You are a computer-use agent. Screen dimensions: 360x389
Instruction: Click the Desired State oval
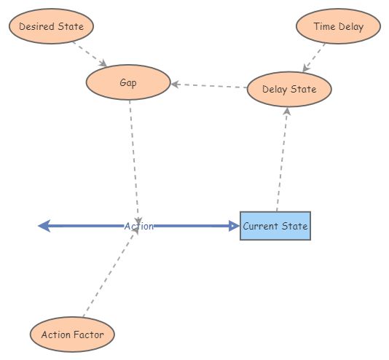pyautogui.click(x=51, y=27)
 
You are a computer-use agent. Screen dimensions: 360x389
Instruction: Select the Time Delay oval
pyautogui.click(x=339, y=27)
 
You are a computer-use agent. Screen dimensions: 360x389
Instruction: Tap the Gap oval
pyautogui.click(x=128, y=82)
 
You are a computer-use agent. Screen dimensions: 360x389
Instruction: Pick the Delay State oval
pyautogui.click(x=289, y=90)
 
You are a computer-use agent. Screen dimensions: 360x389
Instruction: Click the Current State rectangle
pyautogui.click(x=275, y=226)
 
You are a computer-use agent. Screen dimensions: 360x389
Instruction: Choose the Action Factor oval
pyautogui.click(x=72, y=334)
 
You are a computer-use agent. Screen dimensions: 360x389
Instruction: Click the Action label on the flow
pyautogui.click(x=138, y=227)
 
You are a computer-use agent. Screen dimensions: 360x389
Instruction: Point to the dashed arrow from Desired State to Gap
pyautogui.click(x=90, y=54)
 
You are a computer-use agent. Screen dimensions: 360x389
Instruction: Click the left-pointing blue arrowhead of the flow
pyautogui.click(x=44, y=226)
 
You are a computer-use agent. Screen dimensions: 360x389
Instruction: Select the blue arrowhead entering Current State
pyautogui.click(x=234, y=226)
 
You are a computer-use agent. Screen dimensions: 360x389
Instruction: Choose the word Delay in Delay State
pyautogui.click(x=275, y=90)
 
